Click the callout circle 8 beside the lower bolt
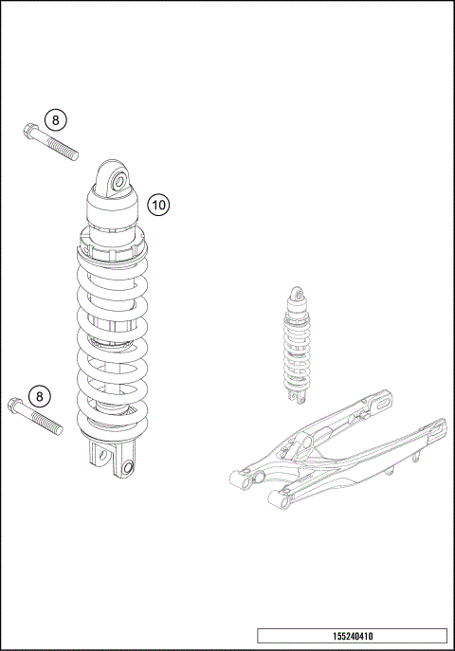(40, 396)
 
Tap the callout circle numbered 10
(159, 204)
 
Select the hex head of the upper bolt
(28, 132)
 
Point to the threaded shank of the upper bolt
(59, 147)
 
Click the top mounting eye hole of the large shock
(118, 181)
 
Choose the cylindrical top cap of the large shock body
(115, 207)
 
